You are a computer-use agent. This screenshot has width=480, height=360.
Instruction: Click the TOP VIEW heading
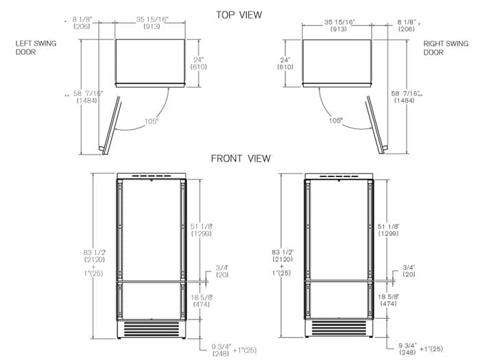click(x=239, y=14)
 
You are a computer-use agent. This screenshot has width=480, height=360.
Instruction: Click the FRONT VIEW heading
click(x=240, y=158)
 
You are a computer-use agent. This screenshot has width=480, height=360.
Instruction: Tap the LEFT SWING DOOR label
click(x=36, y=47)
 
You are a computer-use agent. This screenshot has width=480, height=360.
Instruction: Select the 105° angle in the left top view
click(x=152, y=121)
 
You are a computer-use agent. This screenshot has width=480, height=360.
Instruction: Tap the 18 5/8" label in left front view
click(x=202, y=300)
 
